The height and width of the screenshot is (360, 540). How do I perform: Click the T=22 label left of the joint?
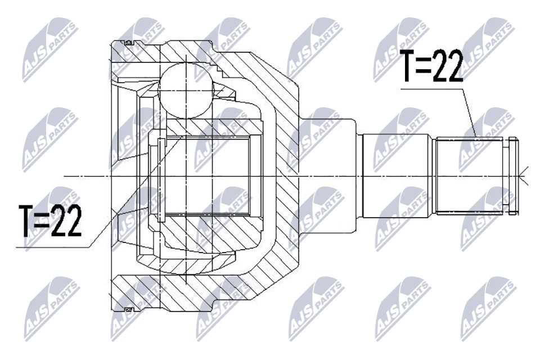(x=50, y=220)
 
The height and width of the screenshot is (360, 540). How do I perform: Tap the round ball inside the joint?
(x=185, y=90)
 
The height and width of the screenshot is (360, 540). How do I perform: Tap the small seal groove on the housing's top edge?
(x=128, y=43)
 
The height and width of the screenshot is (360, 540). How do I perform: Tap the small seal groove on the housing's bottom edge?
(x=128, y=309)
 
